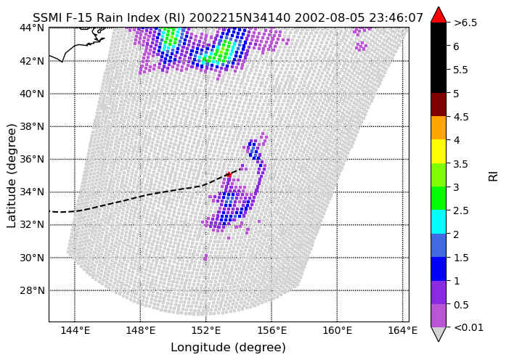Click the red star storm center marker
pos(229,174)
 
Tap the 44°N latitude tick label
pos(32,28)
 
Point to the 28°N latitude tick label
pos(32,290)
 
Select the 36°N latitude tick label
pos(32,160)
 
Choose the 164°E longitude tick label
pos(404,331)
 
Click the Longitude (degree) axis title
pos(228,348)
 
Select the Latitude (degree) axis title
pos(12,176)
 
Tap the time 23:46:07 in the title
pos(396,18)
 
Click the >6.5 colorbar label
pos(465,23)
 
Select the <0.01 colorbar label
pos(468,328)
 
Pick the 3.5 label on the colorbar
pos(460,164)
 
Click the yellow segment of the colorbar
pos(438,151)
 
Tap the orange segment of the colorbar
pos(438,128)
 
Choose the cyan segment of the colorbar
pos(438,221)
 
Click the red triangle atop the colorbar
pos(438,15)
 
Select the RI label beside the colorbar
pos(494,176)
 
